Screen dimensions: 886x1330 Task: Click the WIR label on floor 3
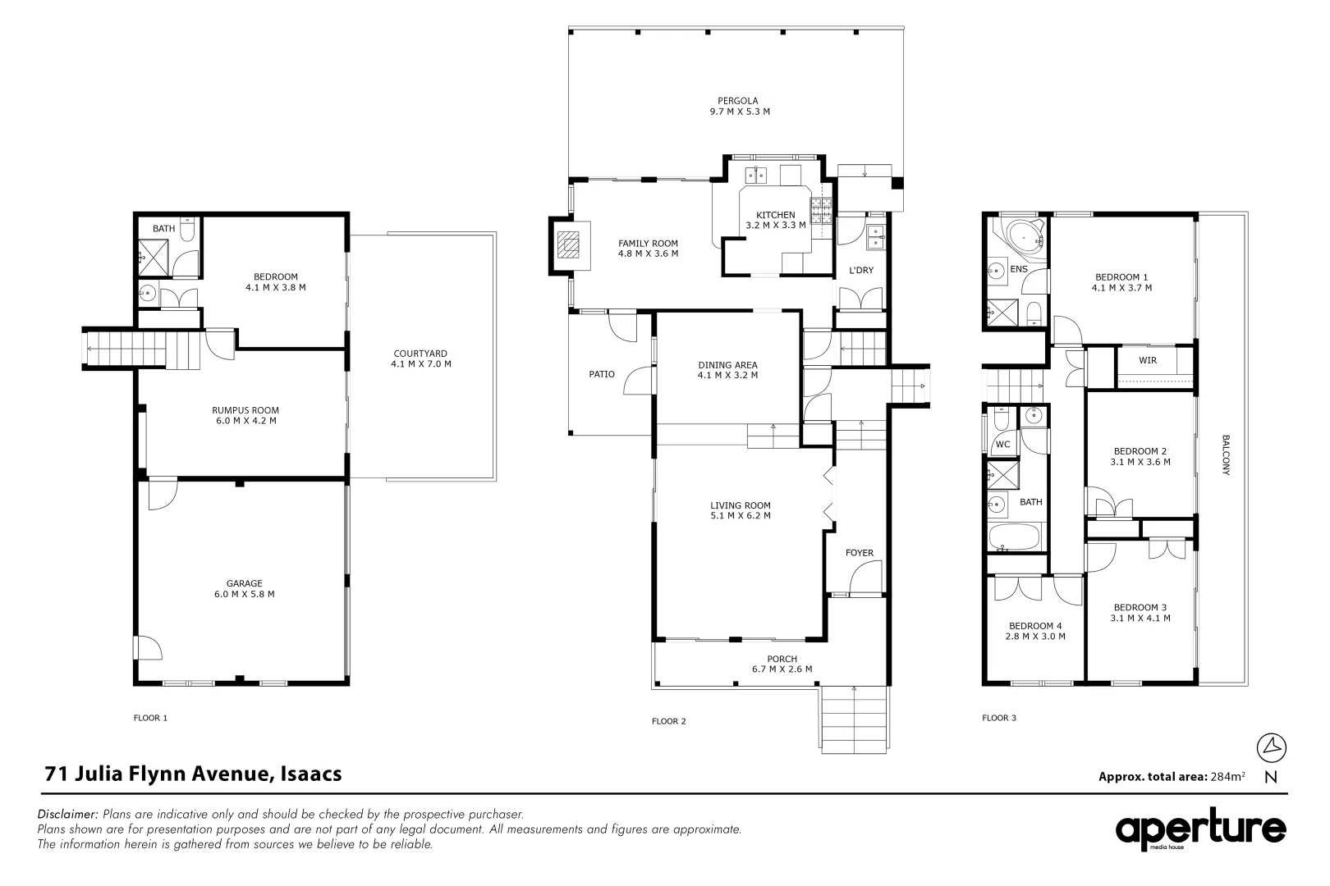click(x=1147, y=360)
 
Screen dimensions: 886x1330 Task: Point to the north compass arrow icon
click(x=1271, y=747)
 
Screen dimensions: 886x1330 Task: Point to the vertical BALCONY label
click(x=1225, y=454)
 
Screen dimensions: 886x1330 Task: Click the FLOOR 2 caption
click(x=668, y=721)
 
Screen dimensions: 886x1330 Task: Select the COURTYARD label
click(x=420, y=354)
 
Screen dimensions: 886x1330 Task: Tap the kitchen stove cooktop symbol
click(x=821, y=211)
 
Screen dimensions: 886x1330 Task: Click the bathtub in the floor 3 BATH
click(x=1015, y=538)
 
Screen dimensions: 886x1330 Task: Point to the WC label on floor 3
click(x=1002, y=445)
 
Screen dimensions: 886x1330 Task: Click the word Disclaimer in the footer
click(x=68, y=815)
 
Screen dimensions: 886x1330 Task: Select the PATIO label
click(x=602, y=374)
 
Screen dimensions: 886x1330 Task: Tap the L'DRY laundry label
click(x=860, y=270)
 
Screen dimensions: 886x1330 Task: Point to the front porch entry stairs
click(x=854, y=719)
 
